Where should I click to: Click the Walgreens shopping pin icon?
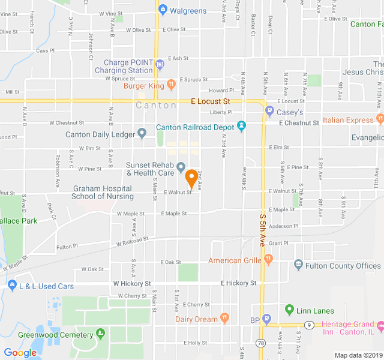pos(163,10)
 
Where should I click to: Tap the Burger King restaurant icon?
pos(171,85)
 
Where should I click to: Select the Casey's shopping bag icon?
pos(269,112)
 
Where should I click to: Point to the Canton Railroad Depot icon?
pos(241,126)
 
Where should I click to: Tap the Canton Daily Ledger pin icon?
pos(142,133)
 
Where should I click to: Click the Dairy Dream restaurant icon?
pos(224,318)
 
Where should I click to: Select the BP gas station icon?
pos(267,319)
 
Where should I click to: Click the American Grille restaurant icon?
pos(268,260)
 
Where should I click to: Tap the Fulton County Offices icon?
pos(298,265)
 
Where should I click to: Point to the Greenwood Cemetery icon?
pos(100,333)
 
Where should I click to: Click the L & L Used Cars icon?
pos(11,286)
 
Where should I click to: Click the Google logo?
pos(20,353)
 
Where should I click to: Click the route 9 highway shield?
pos(309,325)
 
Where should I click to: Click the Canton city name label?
pos(156,106)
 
